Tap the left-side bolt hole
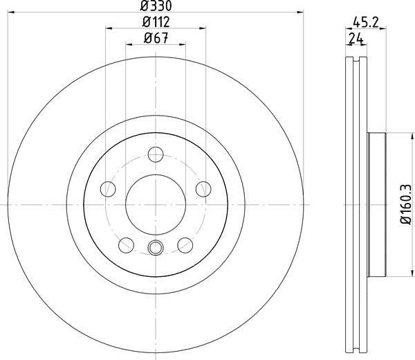coord(107,188)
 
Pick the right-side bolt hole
coord(203,188)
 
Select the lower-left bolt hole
coord(126,244)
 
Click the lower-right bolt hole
coord(185,244)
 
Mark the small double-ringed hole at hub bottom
coord(155,249)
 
